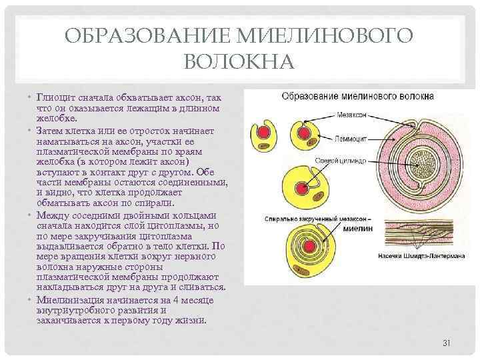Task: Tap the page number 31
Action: (447, 343)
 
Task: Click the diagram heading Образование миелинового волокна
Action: (358, 97)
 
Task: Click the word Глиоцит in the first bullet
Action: (55, 97)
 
